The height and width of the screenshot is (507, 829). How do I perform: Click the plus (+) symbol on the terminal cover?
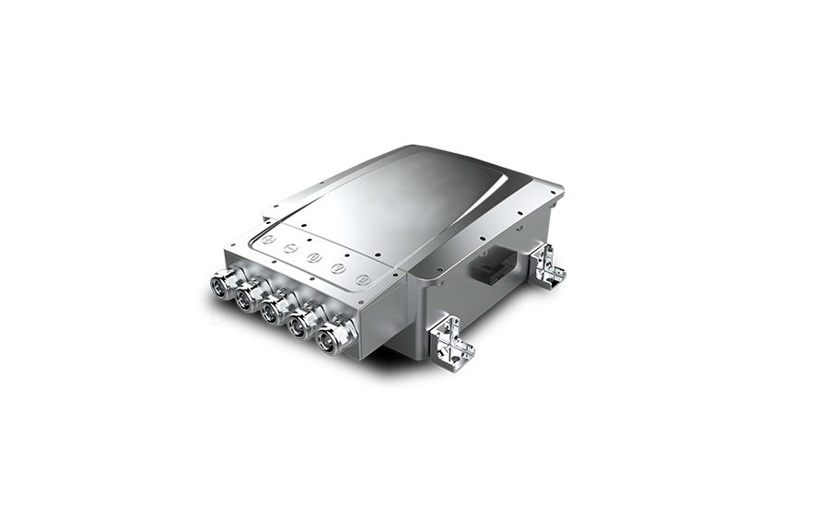click(x=266, y=239)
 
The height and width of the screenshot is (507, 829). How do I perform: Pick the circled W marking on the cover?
click(x=363, y=277)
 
